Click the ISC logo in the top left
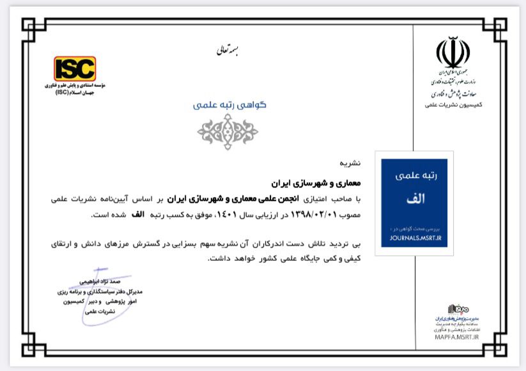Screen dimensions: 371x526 click(x=75, y=68)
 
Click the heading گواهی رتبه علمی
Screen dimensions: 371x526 click(x=229, y=105)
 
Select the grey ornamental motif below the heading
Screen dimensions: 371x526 click(x=228, y=132)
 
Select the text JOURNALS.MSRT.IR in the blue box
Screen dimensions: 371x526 click(x=415, y=235)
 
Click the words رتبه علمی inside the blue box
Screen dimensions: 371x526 click(x=415, y=174)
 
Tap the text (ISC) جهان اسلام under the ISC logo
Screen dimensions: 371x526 click(x=75, y=91)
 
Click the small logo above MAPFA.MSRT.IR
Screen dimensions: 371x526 click(x=458, y=309)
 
